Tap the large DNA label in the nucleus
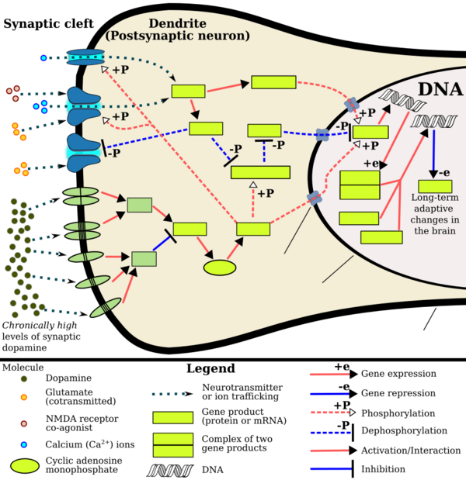[x=440, y=88]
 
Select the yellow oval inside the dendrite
[x=220, y=268]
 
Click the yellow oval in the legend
[x=25, y=466]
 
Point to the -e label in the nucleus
[x=444, y=172]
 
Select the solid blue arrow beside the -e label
[x=433, y=152]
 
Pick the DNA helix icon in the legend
[x=169, y=470]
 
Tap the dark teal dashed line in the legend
[x=169, y=394]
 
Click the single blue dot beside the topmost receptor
[x=43, y=58]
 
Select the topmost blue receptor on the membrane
[x=85, y=57]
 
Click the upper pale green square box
[x=139, y=205]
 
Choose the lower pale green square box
[x=144, y=258]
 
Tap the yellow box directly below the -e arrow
[x=435, y=187]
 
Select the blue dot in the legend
[x=24, y=444]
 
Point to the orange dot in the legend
[x=24, y=397]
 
